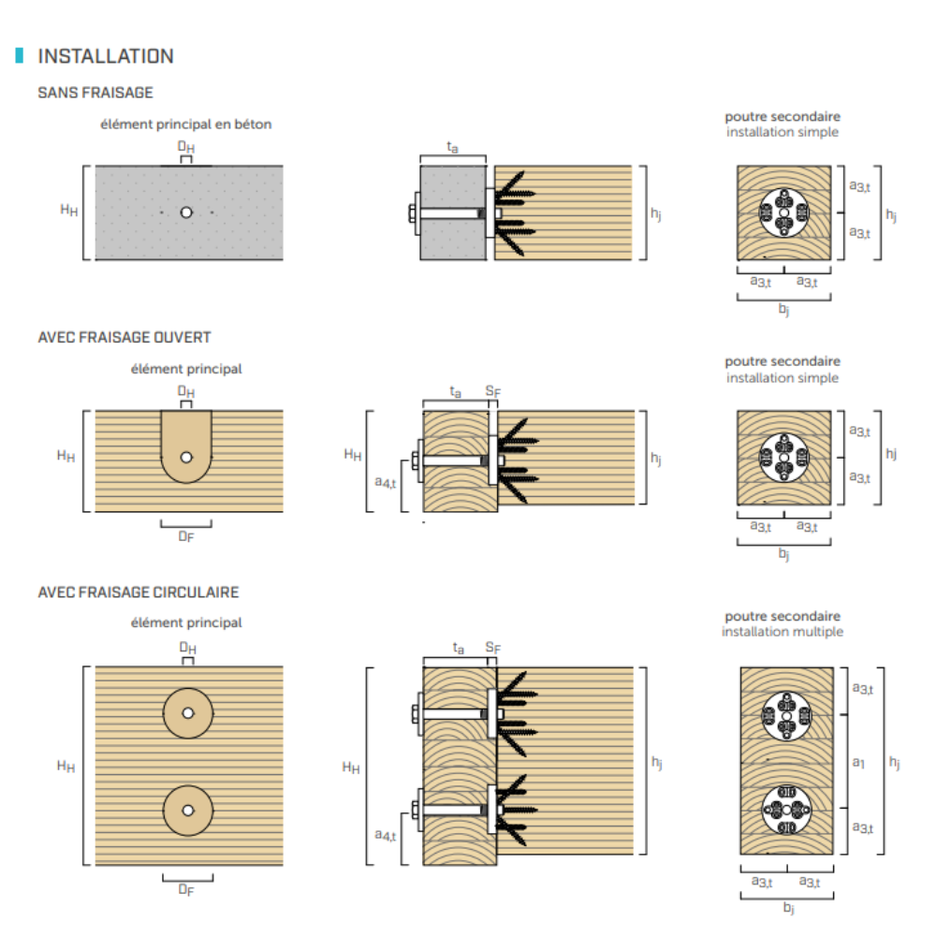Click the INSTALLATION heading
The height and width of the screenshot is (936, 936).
(106, 56)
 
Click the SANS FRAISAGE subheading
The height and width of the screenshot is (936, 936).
(95, 93)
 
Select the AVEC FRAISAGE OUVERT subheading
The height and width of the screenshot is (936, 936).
(124, 337)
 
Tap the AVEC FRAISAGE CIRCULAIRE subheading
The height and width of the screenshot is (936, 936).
(138, 592)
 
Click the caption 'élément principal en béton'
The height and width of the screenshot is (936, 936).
(185, 124)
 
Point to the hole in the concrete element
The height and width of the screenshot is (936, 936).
(186, 212)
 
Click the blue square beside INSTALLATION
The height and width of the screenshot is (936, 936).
(19, 55)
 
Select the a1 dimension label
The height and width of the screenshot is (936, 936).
(858, 762)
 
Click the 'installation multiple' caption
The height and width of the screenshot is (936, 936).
(782, 632)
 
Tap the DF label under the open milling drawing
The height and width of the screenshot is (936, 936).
(186, 536)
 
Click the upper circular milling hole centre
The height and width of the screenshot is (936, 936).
(188, 713)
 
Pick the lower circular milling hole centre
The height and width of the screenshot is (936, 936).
(188, 810)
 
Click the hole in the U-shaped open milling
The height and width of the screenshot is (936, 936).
(186, 458)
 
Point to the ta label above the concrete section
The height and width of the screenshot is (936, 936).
(452, 147)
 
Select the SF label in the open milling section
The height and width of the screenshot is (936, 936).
(493, 391)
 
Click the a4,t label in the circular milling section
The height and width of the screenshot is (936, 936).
(385, 835)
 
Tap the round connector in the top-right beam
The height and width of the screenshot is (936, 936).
(783, 212)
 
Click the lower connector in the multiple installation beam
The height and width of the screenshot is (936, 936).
(787, 810)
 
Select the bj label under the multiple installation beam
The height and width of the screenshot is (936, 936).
(788, 908)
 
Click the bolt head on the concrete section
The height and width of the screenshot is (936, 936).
(412, 213)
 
